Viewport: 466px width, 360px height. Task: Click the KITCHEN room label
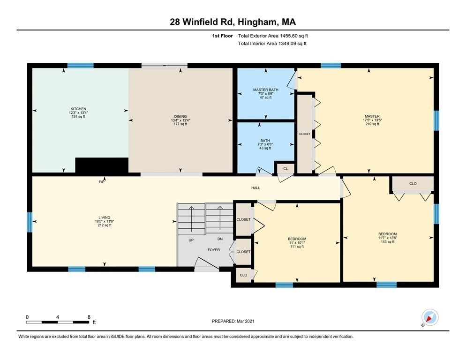coord(78,109)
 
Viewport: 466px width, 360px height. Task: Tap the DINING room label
coord(180,116)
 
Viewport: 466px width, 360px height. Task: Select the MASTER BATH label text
coord(266,89)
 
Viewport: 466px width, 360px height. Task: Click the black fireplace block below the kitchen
coord(102,165)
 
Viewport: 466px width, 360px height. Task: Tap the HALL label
coord(256,188)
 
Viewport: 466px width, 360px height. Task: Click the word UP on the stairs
coord(191,240)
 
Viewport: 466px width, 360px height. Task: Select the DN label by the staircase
coord(220,239)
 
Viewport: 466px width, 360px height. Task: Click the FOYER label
coord(214,250)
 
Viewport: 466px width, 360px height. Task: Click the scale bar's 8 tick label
coord(89,317)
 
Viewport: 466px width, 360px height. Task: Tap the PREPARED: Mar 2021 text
coord(233,321)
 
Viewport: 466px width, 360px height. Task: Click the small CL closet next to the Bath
coord(285,168)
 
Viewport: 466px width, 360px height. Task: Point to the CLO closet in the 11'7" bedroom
coord(413,184)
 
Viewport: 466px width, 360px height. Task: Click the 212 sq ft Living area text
coord(105,225)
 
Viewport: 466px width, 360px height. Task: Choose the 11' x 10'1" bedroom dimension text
coord(297,243)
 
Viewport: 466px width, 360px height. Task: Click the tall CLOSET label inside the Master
coord(305,134)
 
